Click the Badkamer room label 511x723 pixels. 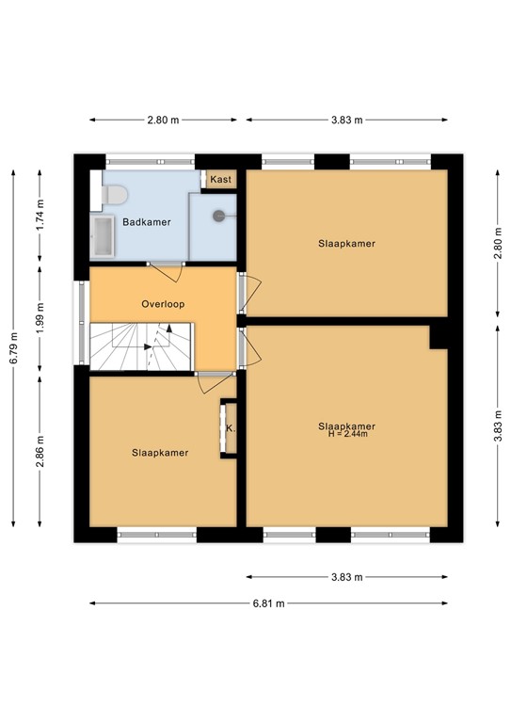click(147, 222)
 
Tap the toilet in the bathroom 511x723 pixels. click(114, 195)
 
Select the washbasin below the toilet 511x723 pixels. click(102, 237)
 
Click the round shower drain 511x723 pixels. click(219, 215)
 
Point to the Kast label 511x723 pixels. click(221, 179)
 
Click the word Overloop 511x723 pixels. click(163, 304)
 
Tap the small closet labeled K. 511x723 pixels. click(229, 429)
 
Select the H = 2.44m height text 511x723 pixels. click(346, 434)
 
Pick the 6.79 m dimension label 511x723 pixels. click(12, 348)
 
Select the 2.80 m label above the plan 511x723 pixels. click(163, 120)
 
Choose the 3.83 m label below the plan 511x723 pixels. click(346, 577)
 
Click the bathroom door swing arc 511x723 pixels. click(172, 271)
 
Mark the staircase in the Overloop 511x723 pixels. click(141, 345)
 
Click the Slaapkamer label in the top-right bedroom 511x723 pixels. click(346, 243)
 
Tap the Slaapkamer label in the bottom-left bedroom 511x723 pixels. click(159, 453)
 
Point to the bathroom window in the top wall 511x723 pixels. click(151, 159)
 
